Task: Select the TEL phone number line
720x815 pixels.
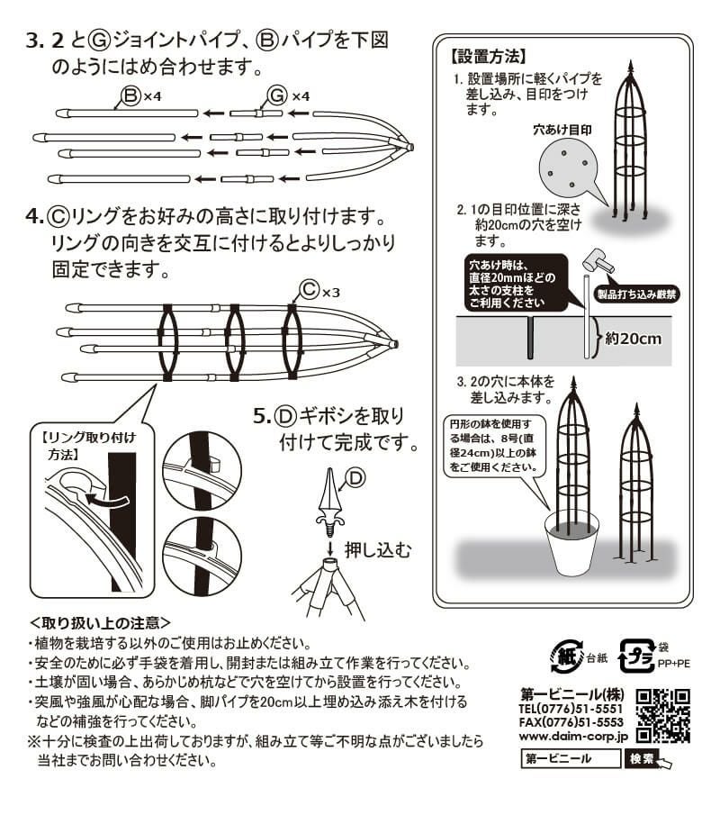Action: (x=572, y=707)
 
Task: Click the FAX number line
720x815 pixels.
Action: (x=572, y=721)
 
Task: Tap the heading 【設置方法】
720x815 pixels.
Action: (x=487, y=56)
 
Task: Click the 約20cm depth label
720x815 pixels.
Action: (x=634, y=340)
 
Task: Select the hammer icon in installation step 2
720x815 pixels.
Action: (x=599, y=261)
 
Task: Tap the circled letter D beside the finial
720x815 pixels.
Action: (x=356, y=478)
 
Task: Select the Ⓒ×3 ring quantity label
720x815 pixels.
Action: (x=319, y=290)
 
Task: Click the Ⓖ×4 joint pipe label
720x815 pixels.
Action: (x=288, y=96)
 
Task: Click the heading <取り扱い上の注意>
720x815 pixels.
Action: (x=100, y=622)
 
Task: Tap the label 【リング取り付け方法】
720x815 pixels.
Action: (x=89, y=446)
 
